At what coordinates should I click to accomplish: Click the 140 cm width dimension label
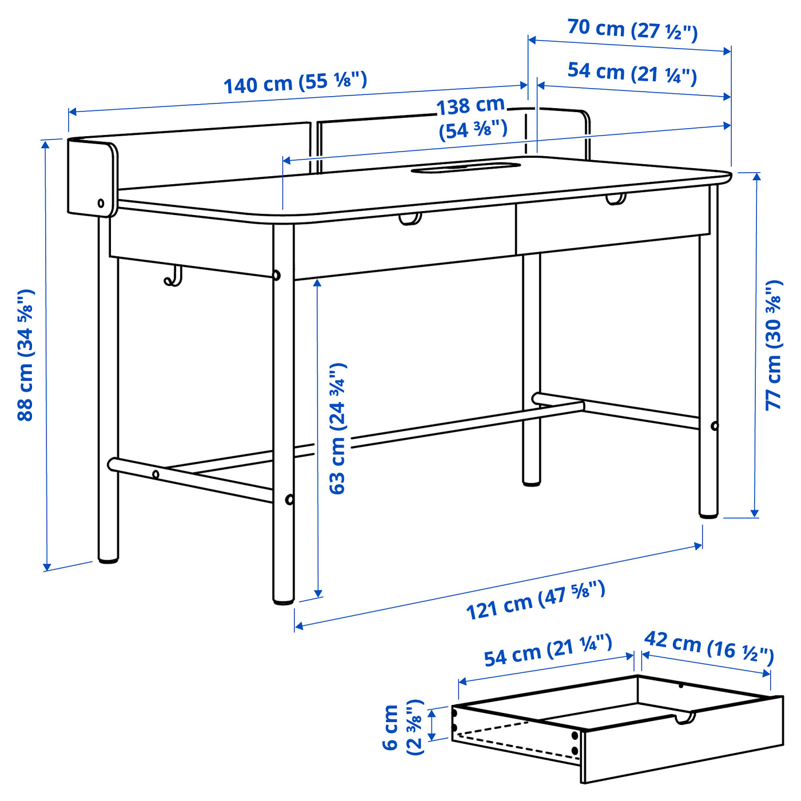pyautogui.click(x=295, y=83)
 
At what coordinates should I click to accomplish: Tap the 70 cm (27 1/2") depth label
pyautogui.click(x=632, y=29)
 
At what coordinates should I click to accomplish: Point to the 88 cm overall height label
pyautogui.click(x=26, y=355)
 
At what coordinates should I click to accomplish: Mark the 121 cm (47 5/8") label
pyautogui.click(x=535, y=600)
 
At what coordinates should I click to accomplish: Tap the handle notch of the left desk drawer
pyautogui.click(x=410, y=219)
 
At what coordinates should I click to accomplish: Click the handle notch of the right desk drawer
pyautogui.click(x=616, y=200)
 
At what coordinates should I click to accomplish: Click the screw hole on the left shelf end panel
pyautogui.click(x=101, y=203)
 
